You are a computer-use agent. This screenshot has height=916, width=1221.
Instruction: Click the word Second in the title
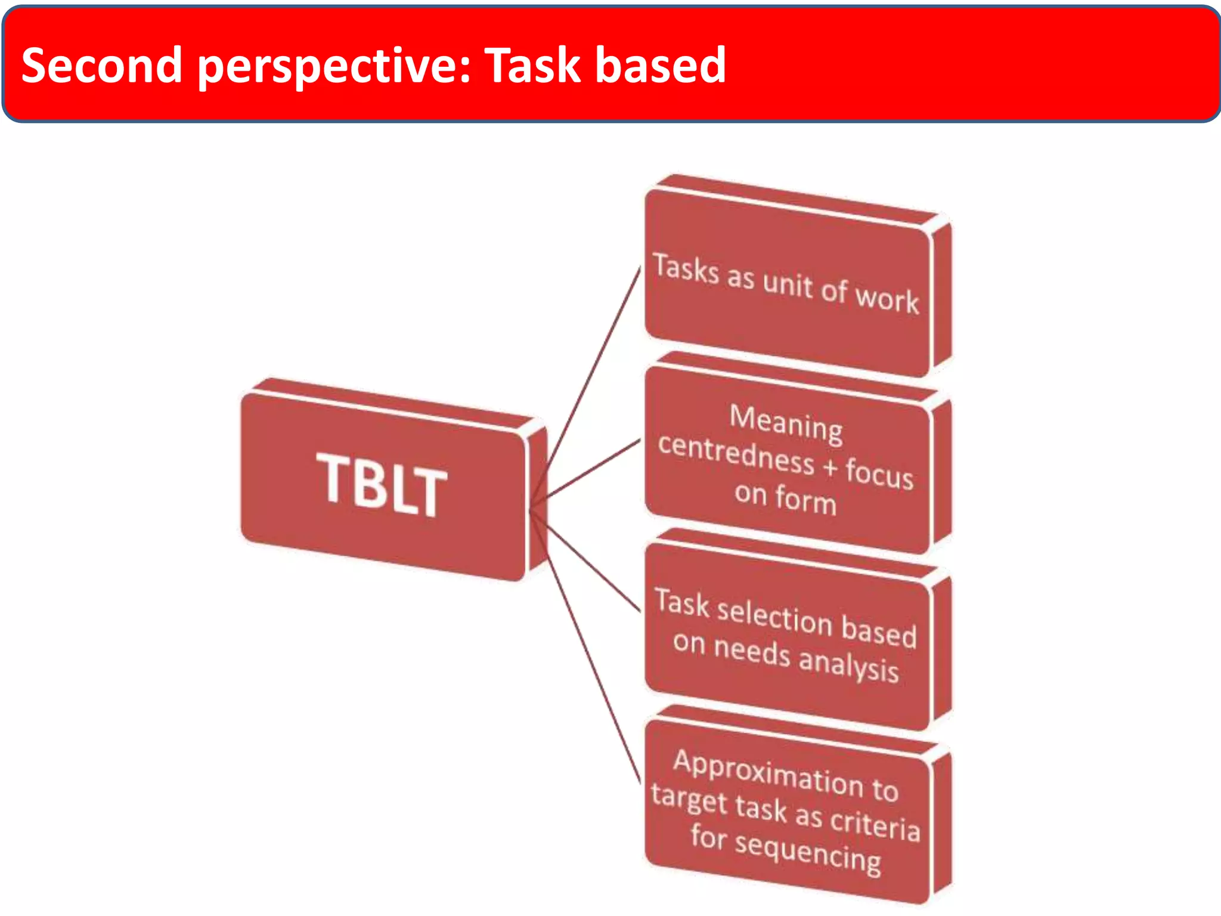(x=101, y=65)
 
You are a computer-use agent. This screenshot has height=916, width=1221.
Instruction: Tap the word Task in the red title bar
(x=532, y=65)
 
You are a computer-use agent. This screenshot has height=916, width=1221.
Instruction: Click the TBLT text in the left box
(x=382, y=484)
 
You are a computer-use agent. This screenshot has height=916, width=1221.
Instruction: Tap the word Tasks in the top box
(x=686, y=268)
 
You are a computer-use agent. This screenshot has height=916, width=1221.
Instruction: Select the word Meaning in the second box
(x=786, y=423)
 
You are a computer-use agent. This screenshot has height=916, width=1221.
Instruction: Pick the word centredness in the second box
(x=736, y=453)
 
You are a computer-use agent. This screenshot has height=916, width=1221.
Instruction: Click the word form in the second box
(x=805, y=499)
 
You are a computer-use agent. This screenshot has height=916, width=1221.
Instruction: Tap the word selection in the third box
(x=774, y=617)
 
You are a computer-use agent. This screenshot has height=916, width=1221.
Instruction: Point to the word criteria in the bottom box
(x=875, y=823)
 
